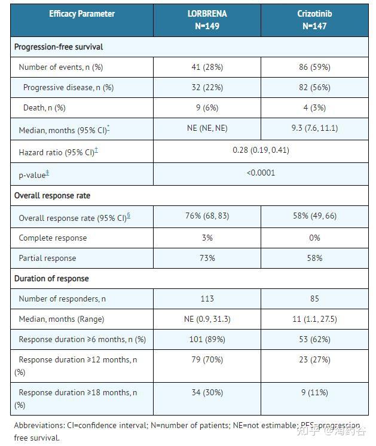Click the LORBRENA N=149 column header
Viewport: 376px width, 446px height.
tap(207, 20)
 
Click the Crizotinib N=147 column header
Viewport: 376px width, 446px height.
tap(314, 20)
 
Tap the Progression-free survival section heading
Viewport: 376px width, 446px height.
tap(59, 47)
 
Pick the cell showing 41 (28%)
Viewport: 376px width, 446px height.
tap(207, 67)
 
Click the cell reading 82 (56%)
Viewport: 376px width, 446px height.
tap(314, 87)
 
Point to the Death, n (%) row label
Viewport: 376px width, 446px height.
tap(44, 108)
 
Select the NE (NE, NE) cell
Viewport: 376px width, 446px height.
tap(207, 128)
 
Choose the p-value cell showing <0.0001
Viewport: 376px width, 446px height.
tap(261, 173)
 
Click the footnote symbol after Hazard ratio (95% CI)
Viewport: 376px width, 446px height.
tap(96, 150)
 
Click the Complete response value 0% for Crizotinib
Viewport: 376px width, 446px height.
tap(314, 238)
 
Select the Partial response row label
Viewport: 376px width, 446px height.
tap(47, 259)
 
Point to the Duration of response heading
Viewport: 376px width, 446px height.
tap(51, 278)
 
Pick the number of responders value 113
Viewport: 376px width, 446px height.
tap(207, 299)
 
